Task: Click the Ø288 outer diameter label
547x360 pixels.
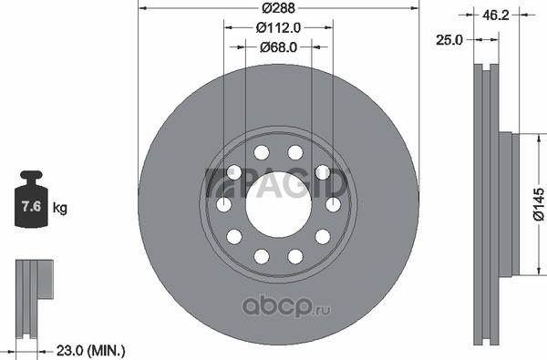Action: [278, 7]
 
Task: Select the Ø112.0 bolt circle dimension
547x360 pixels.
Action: [278, 27]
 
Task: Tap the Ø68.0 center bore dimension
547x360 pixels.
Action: [278, 46]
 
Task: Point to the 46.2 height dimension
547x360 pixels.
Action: [496, 15]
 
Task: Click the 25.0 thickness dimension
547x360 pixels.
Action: [449, 40]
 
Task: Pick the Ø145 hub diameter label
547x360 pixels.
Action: [539, 204]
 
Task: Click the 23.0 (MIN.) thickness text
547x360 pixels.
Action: [90, 350]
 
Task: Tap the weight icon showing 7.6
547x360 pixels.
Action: [31, 199]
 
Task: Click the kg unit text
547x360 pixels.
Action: [59, 208]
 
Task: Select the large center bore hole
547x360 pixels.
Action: [278, 205]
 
